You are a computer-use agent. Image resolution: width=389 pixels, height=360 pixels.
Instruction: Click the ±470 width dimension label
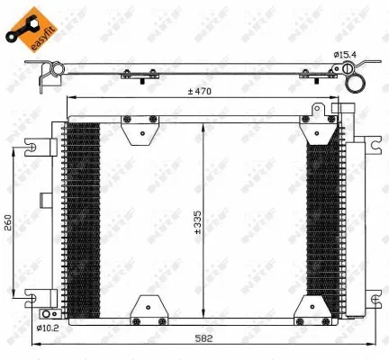click(200, 91)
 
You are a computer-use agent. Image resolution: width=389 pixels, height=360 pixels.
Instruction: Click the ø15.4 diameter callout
click(347, 55)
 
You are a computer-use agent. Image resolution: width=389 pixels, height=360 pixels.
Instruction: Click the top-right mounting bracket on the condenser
click(316, 123)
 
